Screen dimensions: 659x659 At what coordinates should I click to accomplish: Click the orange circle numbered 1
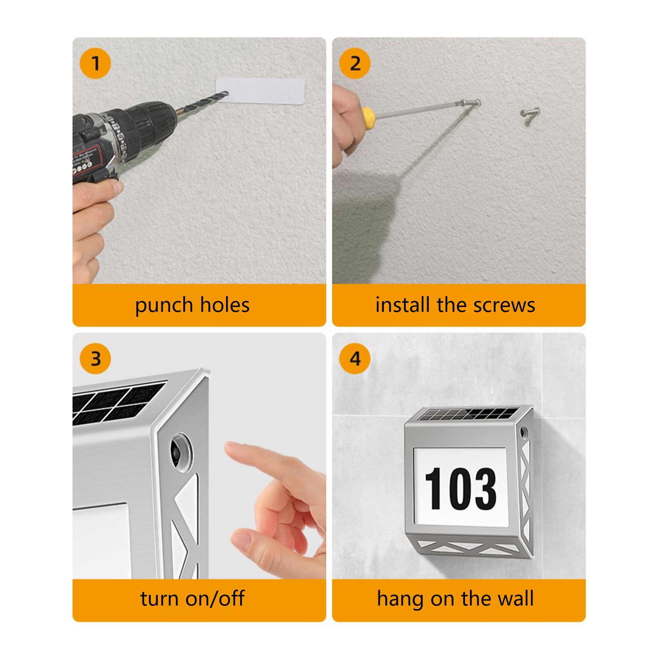click(95, 63)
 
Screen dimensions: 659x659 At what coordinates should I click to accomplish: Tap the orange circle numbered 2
click(355, 63)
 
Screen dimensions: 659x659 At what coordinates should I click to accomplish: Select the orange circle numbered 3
click(95, 358)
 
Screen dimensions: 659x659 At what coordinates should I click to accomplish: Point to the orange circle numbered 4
click(355, 358)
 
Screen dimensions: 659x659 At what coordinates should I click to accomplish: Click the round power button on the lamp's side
click(181, 454)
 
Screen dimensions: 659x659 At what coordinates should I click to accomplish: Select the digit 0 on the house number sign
click(460, 488)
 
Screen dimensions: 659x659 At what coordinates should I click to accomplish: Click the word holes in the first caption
click(224, 305)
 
